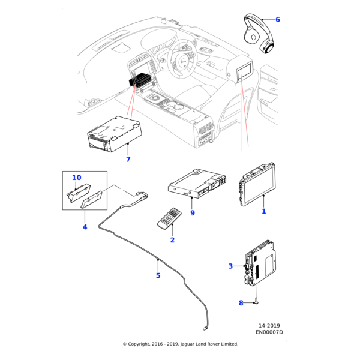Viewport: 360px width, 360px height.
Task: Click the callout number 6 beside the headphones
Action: click(x=277, y=19)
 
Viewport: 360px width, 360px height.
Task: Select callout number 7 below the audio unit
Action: click(x=128, y=159)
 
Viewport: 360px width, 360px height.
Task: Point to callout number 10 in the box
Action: click(x=77, y=178)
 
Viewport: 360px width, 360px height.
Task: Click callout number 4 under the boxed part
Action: click(x=85, y=227)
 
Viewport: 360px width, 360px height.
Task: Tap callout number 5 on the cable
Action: click(x=158, y=275)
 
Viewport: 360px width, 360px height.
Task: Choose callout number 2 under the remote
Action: click(x=172, y=240)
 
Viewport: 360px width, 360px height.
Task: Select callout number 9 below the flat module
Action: click(x=193, y=212)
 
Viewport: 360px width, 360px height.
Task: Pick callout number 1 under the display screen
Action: click(x=263, y=211)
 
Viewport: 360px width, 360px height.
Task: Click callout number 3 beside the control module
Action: click(x=230, y=266)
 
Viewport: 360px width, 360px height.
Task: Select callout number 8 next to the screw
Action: click(x=241, y=303)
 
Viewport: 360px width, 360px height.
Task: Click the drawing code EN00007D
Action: click(x=269, y=331)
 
